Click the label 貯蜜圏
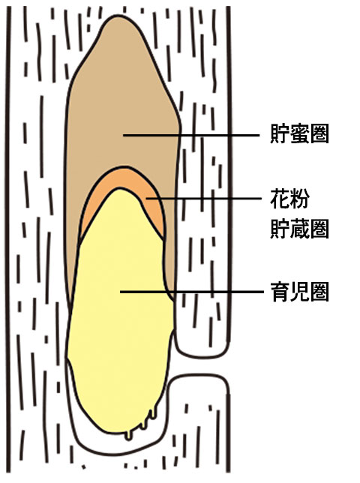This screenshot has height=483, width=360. coord(299,133)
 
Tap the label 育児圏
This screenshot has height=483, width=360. coord(299,292)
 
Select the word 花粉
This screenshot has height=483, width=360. coord(289,198)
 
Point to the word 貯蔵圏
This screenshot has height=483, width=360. coord(299,229)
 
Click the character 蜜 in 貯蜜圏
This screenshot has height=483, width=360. coord(299,133)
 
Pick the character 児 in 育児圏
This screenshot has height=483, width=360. coord(299,292)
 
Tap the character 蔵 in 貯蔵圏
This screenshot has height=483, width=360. coord(299,229)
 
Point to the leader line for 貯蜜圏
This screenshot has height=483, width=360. coord(191,135)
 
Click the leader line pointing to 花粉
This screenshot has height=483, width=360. coord(204,199)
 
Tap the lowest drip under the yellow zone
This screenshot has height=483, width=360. coord(130,436)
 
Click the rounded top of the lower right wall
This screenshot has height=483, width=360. coord(199,377)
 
